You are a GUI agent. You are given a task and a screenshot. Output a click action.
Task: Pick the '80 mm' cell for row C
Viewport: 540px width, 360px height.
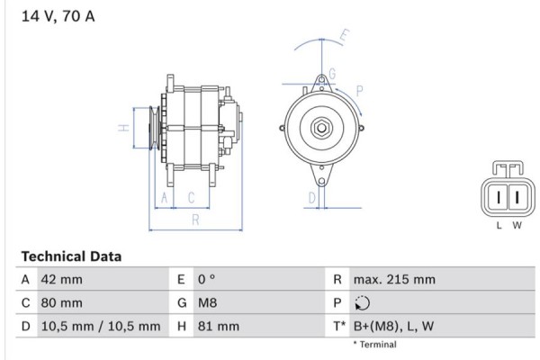[x=61, y=303]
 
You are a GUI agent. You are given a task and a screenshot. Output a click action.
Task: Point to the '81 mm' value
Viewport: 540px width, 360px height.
[x=215, y=327]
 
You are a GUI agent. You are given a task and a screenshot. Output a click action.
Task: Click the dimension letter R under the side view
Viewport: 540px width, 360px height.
[x=195, y=220]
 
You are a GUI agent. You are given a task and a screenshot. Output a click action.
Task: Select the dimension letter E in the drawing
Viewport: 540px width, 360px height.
[x=345, y=38]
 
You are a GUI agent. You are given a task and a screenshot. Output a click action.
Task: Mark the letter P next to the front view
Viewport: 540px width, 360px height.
[x=359, y=90]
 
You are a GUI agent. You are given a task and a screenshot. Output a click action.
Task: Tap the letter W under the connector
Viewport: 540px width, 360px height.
[x=517, y=225]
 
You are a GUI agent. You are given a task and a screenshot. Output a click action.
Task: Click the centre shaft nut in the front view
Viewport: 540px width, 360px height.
[x=319, y=129]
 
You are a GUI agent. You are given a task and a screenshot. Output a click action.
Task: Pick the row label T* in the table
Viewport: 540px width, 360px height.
[x=339, y=327]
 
